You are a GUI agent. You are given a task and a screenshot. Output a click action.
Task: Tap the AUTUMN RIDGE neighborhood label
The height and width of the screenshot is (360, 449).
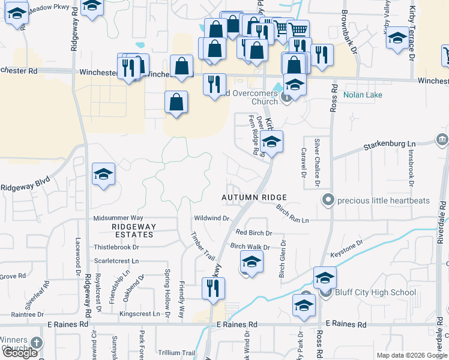254,197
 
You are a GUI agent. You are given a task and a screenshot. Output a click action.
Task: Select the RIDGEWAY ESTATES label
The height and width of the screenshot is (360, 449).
134,230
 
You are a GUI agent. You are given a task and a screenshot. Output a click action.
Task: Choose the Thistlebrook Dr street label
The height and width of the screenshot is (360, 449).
116,247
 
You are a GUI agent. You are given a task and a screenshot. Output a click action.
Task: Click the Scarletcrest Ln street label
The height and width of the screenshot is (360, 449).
116,262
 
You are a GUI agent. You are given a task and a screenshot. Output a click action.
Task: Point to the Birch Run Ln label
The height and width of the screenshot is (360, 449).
292,215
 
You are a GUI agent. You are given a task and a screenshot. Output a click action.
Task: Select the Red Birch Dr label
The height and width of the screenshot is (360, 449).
254,233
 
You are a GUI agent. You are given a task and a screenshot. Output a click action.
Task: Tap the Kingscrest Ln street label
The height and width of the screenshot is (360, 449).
140,314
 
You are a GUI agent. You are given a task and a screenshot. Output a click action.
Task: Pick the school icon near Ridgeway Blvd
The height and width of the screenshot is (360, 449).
103,175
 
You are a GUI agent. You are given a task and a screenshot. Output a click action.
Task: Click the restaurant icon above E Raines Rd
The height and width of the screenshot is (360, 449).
213,289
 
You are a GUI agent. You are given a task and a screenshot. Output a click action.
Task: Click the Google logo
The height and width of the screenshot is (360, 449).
20,353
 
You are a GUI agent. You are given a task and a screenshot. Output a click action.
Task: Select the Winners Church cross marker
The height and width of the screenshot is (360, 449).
36,343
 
